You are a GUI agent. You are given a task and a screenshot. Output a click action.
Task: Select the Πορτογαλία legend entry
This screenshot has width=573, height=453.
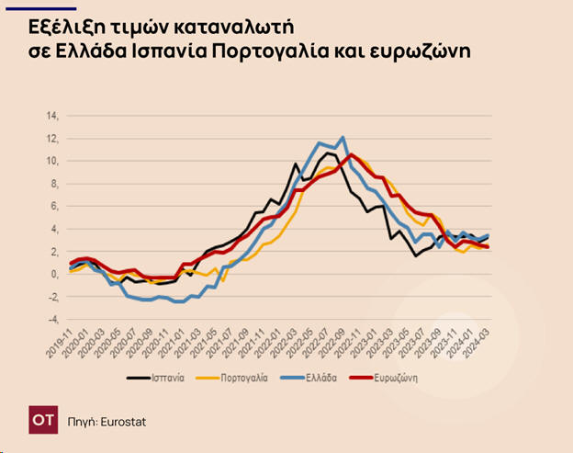pos(242,378)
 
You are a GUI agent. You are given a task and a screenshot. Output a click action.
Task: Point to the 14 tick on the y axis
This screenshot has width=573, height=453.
pos(51,116)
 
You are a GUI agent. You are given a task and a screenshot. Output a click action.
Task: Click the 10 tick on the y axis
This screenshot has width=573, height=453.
pos(51,161)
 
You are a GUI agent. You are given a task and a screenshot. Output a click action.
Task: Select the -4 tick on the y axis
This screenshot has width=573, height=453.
pos(51,319)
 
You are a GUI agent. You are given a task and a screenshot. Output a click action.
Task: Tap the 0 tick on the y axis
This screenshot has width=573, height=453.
pos(53,274)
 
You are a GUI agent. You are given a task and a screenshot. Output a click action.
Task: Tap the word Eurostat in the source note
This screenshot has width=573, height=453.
pos(122,422)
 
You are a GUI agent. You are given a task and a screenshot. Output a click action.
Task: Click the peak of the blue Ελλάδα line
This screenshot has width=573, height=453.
pos(342,138)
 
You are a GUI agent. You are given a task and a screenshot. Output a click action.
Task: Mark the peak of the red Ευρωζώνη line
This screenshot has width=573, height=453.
pos(351,154)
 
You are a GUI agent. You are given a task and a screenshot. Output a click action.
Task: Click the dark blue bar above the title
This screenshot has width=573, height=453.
pos(52,7)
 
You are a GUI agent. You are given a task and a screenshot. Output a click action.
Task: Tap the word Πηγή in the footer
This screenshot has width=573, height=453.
pos(82,422)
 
